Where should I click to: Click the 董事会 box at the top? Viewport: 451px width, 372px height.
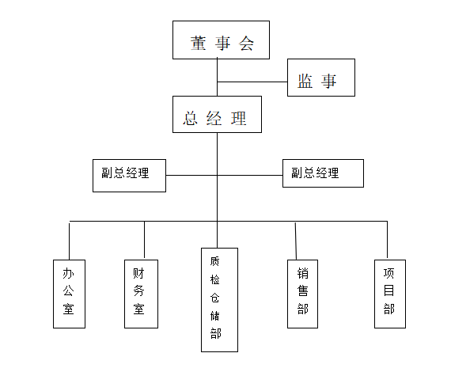click(x=221, y=40)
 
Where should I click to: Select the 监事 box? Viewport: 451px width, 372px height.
click(x=321, y=78)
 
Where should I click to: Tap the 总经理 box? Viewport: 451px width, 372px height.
click(x=217, y=114)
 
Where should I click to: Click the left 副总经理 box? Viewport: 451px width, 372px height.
click(x=129, y=176)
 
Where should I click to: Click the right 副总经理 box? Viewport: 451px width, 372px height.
click(x=323, y=173)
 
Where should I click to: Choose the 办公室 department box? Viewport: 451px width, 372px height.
click(x=69, y=294)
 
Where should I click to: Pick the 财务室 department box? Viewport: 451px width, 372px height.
click(x=141, y=294)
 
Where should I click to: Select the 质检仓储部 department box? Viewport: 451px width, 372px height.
click(x=219, y=300)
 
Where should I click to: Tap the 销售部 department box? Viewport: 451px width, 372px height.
click(x=302, y=294)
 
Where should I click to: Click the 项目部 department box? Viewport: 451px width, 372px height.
click(x=390, y=294)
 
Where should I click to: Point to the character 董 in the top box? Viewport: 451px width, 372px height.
click(x=198, y=44)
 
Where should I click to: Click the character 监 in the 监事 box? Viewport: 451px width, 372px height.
click(x=305, y=81)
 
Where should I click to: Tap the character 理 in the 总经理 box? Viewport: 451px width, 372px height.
click(x=239, y=118)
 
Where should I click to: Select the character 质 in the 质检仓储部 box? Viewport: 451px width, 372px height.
click(x=214, y=261)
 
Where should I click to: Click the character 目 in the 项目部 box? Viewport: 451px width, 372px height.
click(x=388, y=290)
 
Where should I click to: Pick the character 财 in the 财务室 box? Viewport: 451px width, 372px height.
click(x=138, y=273)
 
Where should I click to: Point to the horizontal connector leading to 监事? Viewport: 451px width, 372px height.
click(x=252, y=82)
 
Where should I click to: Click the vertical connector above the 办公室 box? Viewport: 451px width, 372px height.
click(x=70, y=241)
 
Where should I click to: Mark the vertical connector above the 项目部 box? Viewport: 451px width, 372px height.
click(x=387, y=241)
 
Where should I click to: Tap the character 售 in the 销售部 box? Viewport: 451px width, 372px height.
click(x=302, y=290)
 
